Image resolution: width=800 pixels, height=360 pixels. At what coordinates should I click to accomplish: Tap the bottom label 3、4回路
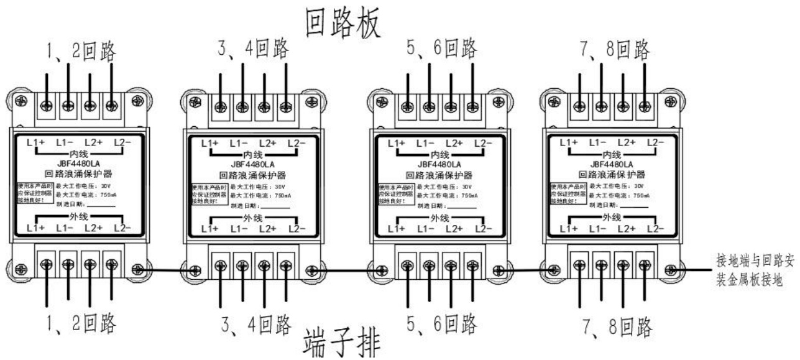coord(255,324)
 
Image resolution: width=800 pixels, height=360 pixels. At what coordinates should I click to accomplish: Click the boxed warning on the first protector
coord(33,193)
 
